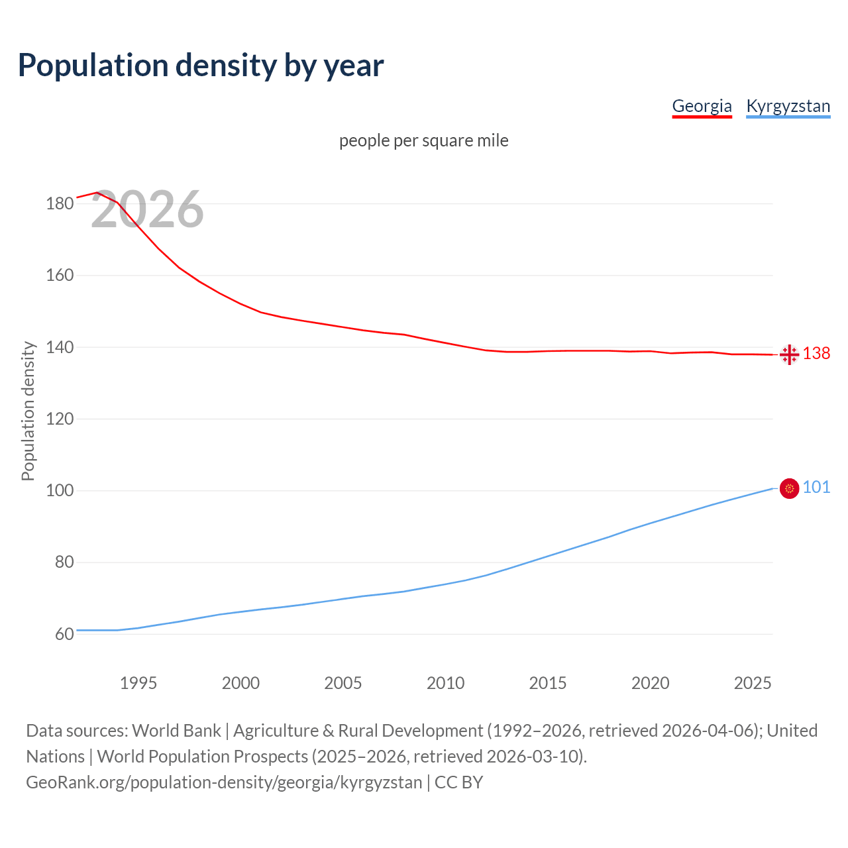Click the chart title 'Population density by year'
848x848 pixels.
coord(201,65)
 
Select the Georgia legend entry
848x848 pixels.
coord(702,106)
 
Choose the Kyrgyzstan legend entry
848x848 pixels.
coord(788,106)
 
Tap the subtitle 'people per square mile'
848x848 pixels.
coord(424,140)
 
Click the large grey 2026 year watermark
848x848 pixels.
coord(147,209)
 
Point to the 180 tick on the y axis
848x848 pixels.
coord(60,203)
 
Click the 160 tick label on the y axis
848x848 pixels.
coord(60,275)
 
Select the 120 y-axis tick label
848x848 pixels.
coord(60,419)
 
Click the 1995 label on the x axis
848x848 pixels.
coord(138,683)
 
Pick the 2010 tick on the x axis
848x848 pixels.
coord(445,683)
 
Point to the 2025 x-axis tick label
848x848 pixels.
coord(753,683)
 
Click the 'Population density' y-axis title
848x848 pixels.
coord(28,411)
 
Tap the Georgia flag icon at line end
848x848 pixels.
coord(789,355)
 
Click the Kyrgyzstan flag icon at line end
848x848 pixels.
coord(789,489)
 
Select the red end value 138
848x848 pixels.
coord(816,354)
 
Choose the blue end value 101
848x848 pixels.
coord(816,488)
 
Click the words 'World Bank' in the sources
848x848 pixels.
coord(176,731)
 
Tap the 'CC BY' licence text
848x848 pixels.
coord(458,782)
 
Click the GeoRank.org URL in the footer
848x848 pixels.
coord(224,782)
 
